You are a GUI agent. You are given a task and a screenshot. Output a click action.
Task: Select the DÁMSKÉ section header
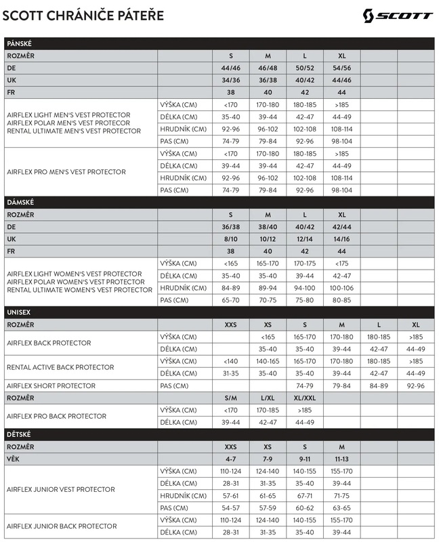pyautogui.click(x=20, y=203)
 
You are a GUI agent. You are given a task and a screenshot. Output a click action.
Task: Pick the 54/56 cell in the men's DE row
pyautogui.click(x=340, y=68)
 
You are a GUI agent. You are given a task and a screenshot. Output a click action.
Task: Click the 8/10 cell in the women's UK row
pyautogui.click(x=230, y=239)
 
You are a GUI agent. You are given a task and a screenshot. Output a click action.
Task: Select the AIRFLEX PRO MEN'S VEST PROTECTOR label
pyautogui.click(x=66, y=172)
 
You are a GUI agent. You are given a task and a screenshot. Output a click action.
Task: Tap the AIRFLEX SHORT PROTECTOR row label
pyautogui.click(x=51, y=385)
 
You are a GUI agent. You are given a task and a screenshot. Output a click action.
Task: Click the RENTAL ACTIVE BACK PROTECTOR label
pyautogui.click(x=60, y=367)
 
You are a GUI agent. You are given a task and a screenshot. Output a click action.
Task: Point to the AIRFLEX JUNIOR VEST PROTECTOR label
pyautogui.click(x=60, y=489)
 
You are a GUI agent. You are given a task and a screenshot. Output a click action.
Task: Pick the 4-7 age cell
pyautogui.click(x=230, y=459)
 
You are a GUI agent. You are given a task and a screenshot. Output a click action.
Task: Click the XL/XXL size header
pyautogui.click(x=304, y=398)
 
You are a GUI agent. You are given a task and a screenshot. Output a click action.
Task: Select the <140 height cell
pyautogui.click(x=230, y=361)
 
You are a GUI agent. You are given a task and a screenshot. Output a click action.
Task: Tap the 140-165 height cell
pyautogui.click(x=268, y=361)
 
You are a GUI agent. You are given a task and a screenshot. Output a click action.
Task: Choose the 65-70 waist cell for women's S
pyautogui.click(x=230, y=299)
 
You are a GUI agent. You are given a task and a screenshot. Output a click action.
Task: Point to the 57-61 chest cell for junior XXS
pyautogui.click(x=230, y=495)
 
